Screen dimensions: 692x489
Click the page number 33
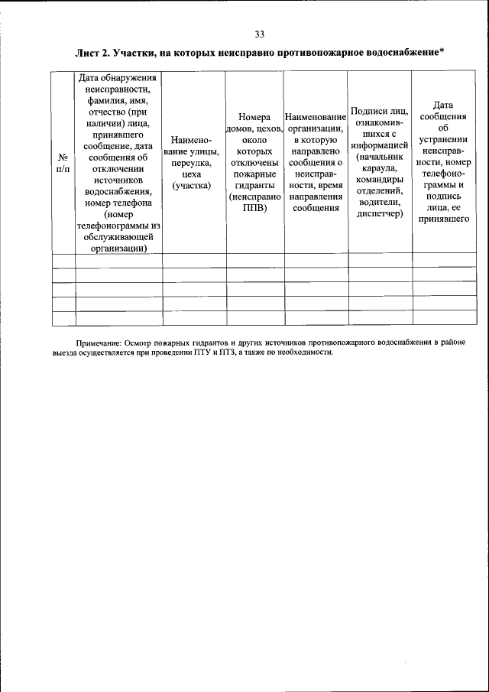259,34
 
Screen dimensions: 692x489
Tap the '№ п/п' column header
63,162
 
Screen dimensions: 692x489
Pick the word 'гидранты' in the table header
254,186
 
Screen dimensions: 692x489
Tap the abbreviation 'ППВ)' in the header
254,208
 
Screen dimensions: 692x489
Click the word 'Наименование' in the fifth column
315,118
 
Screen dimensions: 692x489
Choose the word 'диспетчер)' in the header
379,213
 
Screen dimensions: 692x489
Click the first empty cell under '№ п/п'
63,260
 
